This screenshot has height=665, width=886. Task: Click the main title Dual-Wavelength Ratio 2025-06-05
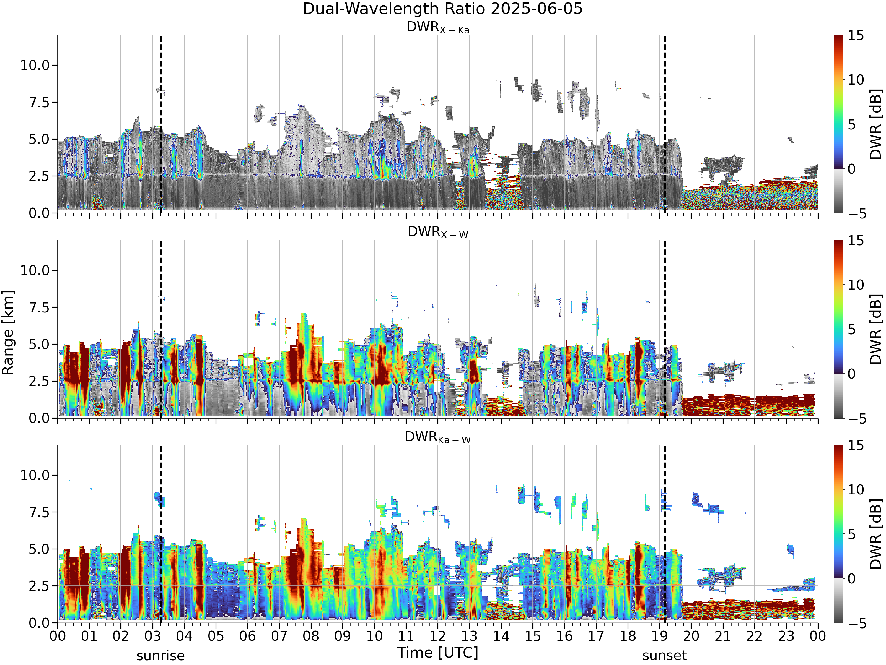(443, 9)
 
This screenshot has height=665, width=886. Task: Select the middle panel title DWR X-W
(438, 232)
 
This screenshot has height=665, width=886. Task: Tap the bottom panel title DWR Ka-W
(438, 437)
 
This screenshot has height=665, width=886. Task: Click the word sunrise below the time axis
(161, 656)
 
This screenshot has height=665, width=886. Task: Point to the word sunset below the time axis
(664, 656)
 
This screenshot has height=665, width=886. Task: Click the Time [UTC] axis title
(438, 653)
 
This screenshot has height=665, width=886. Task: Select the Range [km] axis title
(8, 333)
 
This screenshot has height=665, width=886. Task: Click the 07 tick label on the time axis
(279, 636)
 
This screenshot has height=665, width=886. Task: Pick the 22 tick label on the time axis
(755, 636)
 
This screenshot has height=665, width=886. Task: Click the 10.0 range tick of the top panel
(35, 65)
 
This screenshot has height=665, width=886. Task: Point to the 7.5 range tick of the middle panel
(39, 307)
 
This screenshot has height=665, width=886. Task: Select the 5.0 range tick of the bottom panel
(39, 549)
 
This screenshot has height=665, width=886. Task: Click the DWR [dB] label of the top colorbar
(876, 124)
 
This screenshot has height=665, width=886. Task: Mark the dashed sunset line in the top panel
(665, 124)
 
